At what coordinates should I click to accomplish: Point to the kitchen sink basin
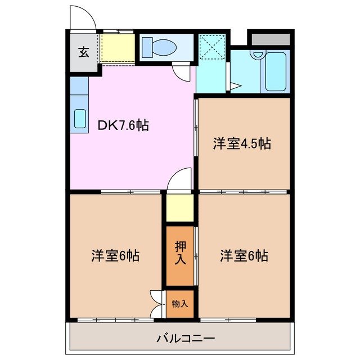tap(79, 119)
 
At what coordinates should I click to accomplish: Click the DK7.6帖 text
tap(123, 125)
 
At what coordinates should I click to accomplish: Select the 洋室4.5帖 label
tap(242, 143)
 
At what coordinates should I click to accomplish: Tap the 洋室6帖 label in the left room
tap(115, 256)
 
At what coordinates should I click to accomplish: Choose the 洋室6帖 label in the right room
tap(244, 256)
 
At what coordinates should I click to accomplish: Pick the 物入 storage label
tap(179, 304)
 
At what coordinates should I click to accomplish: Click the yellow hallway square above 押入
tap(179, 208)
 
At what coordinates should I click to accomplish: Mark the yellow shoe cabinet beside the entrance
tap(118, 48)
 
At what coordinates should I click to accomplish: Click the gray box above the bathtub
tap(269, 39)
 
